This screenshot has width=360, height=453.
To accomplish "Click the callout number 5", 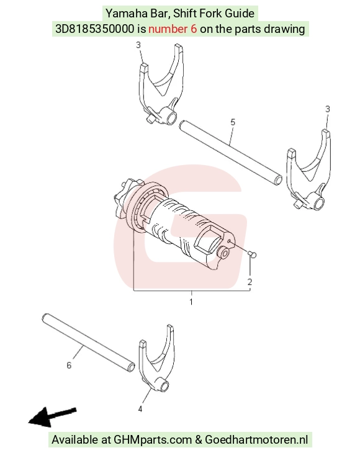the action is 233,122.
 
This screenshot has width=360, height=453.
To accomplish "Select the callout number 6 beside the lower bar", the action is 69,366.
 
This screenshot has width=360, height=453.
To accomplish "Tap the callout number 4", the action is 140,409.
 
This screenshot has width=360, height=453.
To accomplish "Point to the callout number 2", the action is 250,282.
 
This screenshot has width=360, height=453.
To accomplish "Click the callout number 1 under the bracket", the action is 191,302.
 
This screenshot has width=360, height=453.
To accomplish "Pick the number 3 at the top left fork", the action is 138,45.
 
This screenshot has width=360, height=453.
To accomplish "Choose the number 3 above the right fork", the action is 327,109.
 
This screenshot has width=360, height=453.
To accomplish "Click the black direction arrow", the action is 52,417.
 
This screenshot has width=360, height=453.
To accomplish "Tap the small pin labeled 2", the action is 252,254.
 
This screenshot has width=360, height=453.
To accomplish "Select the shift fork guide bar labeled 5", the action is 230,153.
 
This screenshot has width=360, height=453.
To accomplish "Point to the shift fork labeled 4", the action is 157,359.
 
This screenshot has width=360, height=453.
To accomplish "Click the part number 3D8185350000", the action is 95,29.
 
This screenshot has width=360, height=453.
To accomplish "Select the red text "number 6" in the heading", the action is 173,29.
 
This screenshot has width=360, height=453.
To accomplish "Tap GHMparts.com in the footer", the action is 153,440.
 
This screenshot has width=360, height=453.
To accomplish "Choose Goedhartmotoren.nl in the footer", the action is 256,440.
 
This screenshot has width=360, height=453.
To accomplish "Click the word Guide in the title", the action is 240,13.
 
